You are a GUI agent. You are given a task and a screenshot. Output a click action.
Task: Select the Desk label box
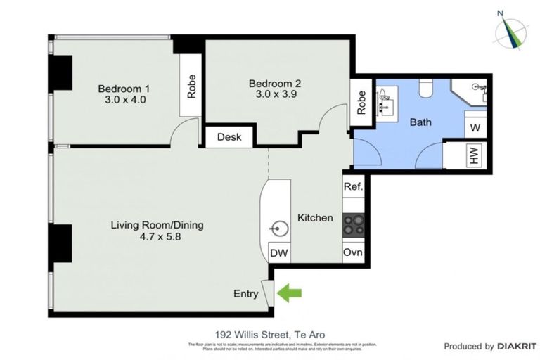coord(229,137)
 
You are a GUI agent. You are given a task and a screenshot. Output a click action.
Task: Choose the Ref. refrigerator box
coord(353,186)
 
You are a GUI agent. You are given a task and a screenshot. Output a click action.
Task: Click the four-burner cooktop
coord(353,224)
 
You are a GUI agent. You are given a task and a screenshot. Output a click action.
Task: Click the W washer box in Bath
coord(475,127)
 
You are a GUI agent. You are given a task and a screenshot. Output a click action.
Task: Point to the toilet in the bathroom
coord(425,89)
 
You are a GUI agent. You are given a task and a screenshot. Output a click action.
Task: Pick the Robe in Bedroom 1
coord(191,86)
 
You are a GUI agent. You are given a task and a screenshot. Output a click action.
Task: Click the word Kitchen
coord(315,218)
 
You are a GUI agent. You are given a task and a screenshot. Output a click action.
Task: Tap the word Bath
coord(420,122)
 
